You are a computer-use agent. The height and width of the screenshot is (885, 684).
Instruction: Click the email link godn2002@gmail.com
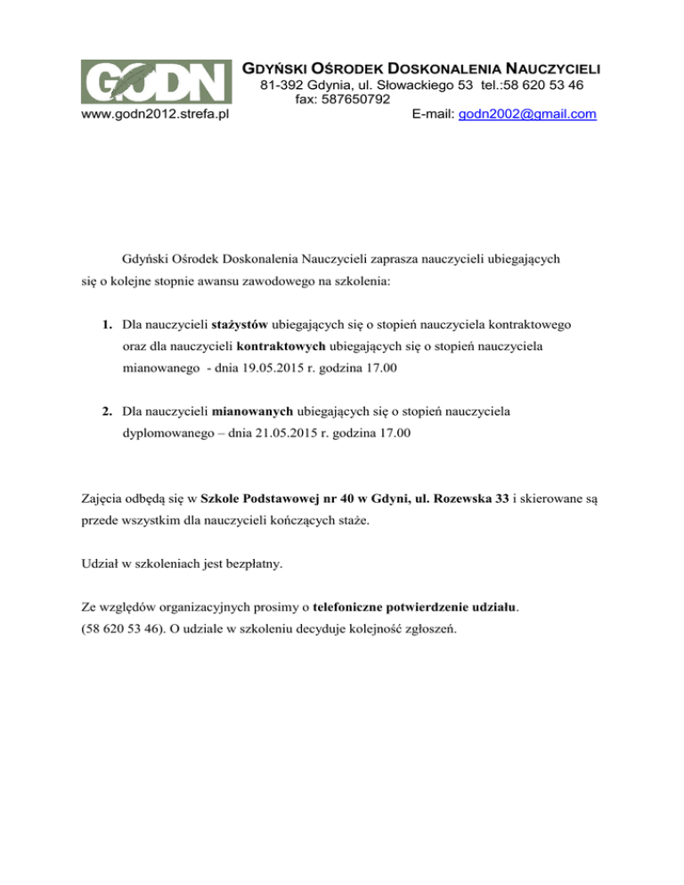526,115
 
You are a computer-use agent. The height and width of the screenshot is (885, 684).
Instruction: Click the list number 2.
106,411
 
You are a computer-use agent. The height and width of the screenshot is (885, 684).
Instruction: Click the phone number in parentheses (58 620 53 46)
113,633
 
